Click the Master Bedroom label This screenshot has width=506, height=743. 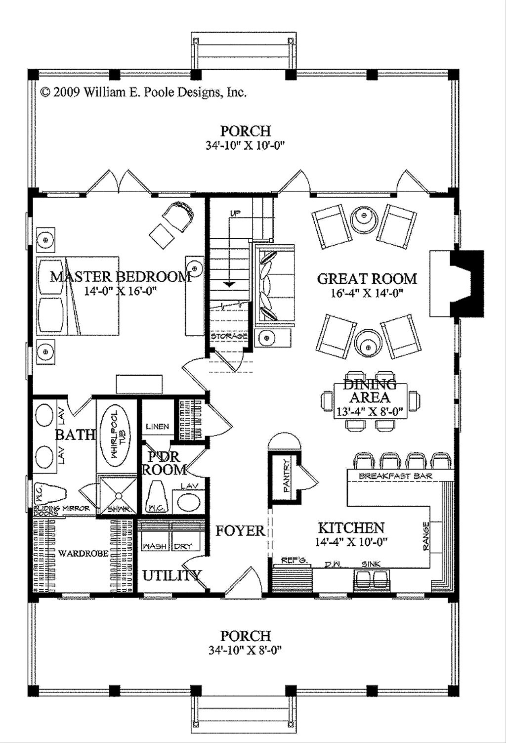point(121,277)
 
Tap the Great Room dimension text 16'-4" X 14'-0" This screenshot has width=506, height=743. point(367,294)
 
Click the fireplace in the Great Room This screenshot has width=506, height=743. point(457,283)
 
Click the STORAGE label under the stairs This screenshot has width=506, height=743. point(229,336)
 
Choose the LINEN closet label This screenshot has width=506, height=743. point(158,427)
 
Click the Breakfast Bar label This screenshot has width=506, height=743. point(396,477)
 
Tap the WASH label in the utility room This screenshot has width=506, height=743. point(154,546)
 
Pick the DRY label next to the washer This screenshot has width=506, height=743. point(183,546)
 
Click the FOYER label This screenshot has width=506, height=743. point(240,531)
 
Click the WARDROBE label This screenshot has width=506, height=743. point(83,553)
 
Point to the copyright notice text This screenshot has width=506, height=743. point(143,92)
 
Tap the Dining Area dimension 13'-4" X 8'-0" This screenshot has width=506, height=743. point(370,412)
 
